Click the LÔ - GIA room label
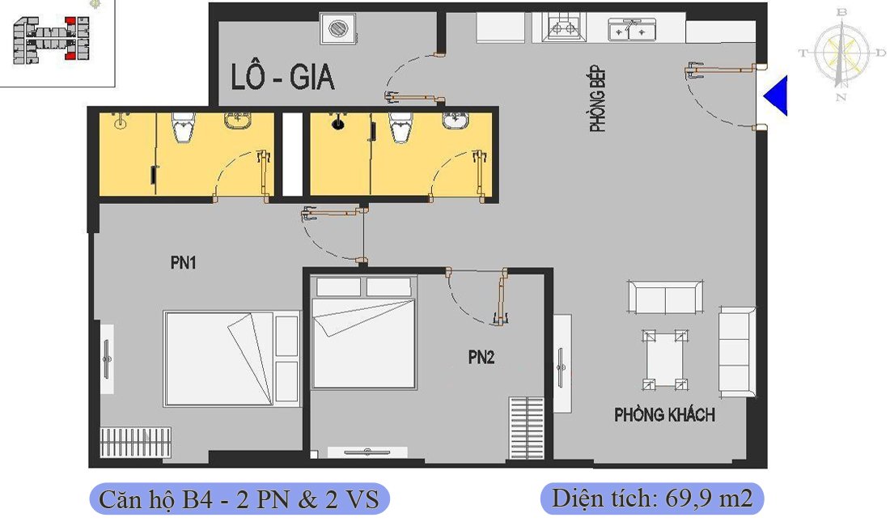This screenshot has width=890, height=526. click(x=282, y=78)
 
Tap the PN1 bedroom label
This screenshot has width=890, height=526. click(x=184, y=263)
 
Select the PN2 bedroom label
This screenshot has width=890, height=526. click(x=481, y=357)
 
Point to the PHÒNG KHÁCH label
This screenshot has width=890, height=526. click(x=664, y=415)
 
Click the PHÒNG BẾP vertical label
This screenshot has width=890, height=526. click(x=598, y=100)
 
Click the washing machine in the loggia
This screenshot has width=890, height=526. click(x=339, y=28)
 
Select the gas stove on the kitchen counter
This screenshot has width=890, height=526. click(x=562, y=28)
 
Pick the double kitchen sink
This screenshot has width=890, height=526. click(x=632, y=29)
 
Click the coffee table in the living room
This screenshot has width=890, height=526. click(x=665, y=360)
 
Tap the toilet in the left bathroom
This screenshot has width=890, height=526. click(x=184, y=126)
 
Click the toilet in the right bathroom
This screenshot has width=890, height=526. click(x=400, y=126)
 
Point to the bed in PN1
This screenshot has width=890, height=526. click(x=231, y=358)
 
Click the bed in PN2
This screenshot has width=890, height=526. click(x=364, y=333)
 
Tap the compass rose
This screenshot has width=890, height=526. click(x=842, y=53)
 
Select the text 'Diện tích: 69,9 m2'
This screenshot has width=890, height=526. click(x=652, y=498)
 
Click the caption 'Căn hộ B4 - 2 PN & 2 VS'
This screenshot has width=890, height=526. click(x=239, y=499)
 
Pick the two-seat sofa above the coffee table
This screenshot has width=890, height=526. click(x=665, y=297)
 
